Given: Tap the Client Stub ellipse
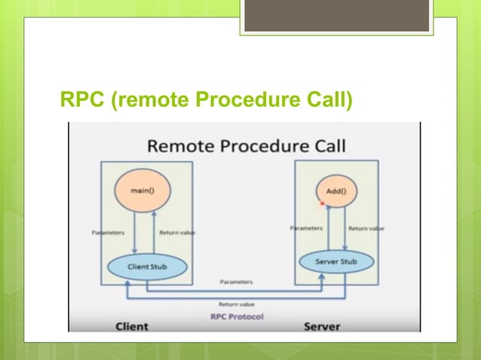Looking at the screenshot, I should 147,265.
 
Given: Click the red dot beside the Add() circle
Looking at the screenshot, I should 321,204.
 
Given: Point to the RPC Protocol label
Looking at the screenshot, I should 237,316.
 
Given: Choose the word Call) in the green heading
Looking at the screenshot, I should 326,98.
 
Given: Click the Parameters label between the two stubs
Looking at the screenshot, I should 236,282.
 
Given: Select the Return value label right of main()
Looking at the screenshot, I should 178,233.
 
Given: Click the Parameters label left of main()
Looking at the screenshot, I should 108,233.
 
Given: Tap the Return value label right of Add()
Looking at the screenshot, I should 366,228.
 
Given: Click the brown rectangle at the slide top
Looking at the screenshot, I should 336,15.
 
